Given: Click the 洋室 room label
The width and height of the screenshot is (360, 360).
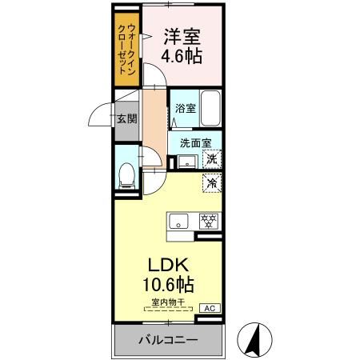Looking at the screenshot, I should pyautogui.click(x=182, y=37).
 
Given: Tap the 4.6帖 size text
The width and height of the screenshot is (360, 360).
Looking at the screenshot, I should pyautogui.click(x=182, y=58).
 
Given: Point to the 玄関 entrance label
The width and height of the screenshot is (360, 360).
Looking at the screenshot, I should pyautogui.click(x=127, y=119).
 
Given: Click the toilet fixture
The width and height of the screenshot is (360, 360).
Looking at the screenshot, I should pyautogui.click(x=126, y=174).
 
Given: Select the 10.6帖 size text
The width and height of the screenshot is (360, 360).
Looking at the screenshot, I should pyautogui.click(x=168, y=284).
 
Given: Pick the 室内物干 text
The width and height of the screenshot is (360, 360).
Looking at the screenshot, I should pyautogui.click(x=168, y=302).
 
